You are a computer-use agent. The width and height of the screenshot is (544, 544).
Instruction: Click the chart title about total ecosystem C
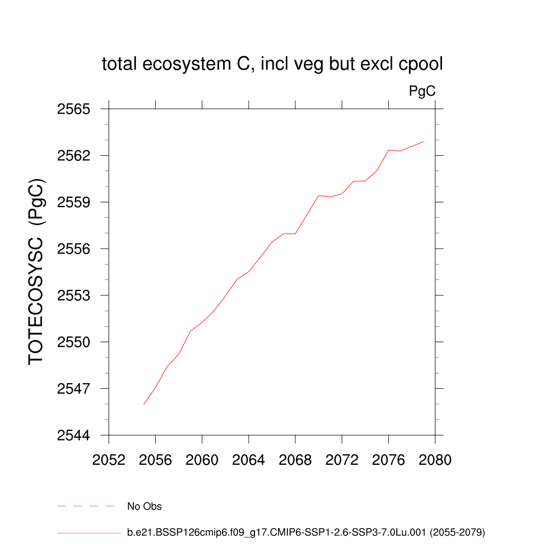coord(272,64)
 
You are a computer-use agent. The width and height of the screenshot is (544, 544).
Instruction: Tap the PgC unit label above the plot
coord(422,91)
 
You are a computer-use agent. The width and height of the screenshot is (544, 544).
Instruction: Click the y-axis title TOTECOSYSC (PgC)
coord(36,271)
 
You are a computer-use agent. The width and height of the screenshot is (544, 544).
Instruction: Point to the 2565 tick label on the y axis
coord(74,109)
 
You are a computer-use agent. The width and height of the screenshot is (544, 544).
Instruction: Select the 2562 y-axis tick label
coord(74,156)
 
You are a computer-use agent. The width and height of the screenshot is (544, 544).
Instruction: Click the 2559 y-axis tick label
coord(74,202)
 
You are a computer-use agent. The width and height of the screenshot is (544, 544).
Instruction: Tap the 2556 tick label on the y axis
coord(74,249)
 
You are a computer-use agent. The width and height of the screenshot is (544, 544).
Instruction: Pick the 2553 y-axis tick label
coord(74,295)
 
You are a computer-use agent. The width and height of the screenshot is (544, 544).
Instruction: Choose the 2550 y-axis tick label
coord(74,342)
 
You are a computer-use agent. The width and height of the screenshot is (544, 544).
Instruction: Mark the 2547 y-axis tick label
coord(74,388)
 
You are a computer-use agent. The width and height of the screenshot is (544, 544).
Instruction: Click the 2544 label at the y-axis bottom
coord(74,435)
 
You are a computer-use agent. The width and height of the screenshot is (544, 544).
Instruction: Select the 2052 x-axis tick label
coord(109,460)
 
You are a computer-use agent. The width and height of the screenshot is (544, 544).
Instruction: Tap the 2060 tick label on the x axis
coord(202,460)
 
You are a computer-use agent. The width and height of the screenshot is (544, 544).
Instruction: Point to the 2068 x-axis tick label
coord(295,460)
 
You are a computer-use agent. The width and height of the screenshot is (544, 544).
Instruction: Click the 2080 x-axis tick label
coord(435,460)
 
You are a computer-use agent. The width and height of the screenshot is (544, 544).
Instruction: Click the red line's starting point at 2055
coord(144,404)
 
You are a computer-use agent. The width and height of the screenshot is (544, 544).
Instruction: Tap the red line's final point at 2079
coord(423,142)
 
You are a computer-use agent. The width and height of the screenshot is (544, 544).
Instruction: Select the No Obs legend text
coord(144,506)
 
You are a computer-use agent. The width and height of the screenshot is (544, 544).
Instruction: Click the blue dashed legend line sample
coord(86,506)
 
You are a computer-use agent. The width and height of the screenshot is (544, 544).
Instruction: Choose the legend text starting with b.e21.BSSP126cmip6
coord(306,532)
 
